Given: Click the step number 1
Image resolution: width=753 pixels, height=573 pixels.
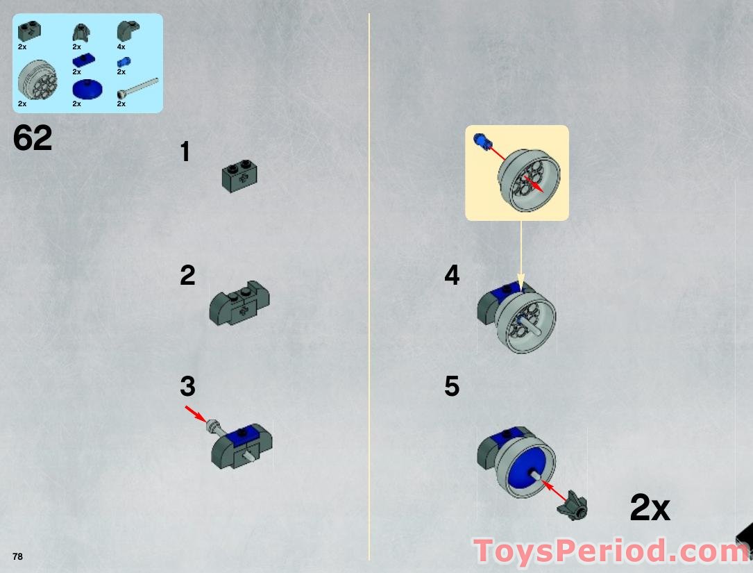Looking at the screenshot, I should [x=185, y=152].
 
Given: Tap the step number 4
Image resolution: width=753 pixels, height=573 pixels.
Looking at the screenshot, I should [x=452, y=276].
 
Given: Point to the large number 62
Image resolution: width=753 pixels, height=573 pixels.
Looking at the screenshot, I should [x=33, y=138].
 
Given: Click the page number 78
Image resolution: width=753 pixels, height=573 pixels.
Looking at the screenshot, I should [x=17, y=556].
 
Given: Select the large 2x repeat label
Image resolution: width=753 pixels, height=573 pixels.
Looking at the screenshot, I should [x=650, y=508].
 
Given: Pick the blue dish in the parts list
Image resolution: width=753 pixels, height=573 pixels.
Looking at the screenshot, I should [x=86, y=89].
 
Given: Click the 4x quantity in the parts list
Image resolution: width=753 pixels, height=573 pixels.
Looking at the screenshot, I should [x=121, y=47].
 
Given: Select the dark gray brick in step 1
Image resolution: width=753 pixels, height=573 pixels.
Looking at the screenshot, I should [x=240, y=176].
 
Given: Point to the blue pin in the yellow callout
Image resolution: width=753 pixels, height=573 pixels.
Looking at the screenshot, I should [x=481, y=142].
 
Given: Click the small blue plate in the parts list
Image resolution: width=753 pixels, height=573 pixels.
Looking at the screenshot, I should [x=81, y=60].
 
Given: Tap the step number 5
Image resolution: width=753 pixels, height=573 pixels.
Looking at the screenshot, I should [x=452, y=386].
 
